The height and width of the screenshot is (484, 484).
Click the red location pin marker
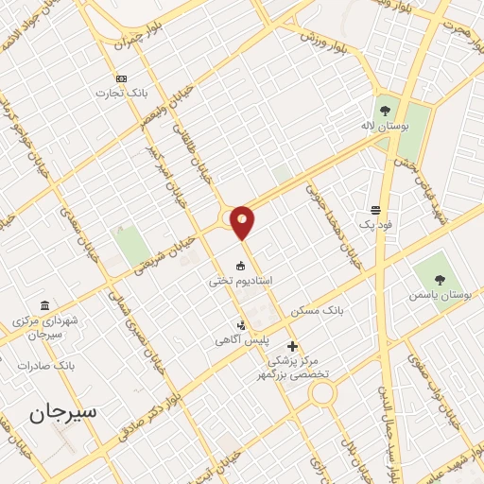(x=243, y=222)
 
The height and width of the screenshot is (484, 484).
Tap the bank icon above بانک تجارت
(x=120, y=78)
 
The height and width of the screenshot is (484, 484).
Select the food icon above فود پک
(x=376, y=210)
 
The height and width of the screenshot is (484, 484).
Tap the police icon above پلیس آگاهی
(x=242, y=325)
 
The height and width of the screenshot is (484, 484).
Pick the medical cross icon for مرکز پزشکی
(x=292, y=346)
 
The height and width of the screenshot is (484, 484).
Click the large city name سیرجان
(x=62, y=412)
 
